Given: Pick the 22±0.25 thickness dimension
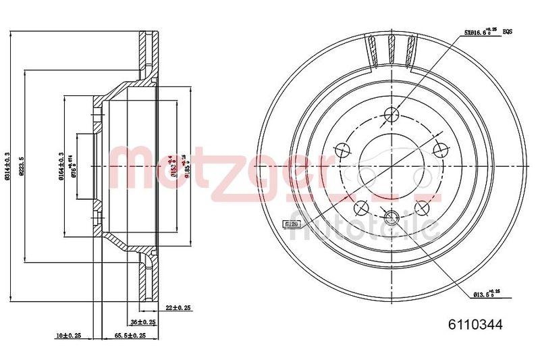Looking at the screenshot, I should pos(178,307).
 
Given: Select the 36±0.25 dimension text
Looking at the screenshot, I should pos(143,322).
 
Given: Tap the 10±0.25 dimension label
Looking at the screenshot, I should pos(68,336).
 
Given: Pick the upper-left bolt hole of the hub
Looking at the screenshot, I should pos(343,149).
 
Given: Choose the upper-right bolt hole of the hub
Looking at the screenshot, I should pos(441,149).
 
